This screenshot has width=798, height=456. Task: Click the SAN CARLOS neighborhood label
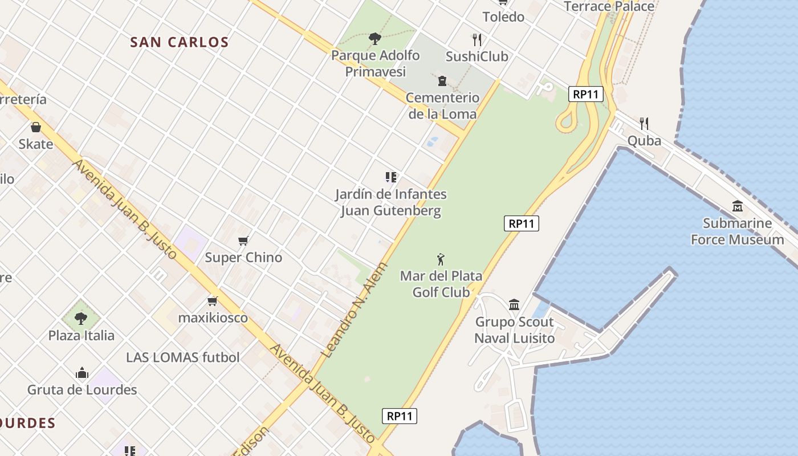point(179,42)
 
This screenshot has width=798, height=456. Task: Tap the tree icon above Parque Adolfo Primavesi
point(375,39)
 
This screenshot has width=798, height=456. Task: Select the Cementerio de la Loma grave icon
point(442,81)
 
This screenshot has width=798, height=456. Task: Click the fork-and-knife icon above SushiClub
point(477,39)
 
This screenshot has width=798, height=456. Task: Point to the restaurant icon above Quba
point(644,123)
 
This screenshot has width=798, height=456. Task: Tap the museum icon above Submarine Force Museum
point(738,206)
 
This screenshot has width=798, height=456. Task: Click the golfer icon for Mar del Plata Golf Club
point(441,260)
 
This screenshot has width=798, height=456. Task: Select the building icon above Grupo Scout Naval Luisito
point(514,305)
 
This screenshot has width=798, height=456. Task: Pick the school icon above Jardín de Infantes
point(390,177)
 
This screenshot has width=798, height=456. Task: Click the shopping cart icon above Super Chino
point(243,241)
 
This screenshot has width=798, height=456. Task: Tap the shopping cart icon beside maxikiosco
point(213,301)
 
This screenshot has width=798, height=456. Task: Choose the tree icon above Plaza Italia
point(81,318)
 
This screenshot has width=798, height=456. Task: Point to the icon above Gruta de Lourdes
point(82,373)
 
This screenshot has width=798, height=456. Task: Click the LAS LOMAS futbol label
point(183,357)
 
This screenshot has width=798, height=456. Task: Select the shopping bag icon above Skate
point(36,127)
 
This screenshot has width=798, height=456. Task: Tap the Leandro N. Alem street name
point(354,311)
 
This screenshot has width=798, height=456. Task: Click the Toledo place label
point(503,17)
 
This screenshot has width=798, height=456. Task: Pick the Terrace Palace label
point(609,6)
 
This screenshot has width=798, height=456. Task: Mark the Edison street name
point(251,442)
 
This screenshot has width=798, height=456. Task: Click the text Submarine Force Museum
point(738,231)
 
